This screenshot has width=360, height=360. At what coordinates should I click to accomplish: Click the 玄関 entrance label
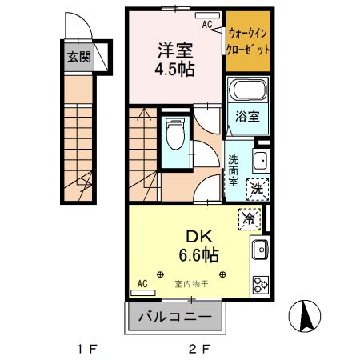(x=78, y=57)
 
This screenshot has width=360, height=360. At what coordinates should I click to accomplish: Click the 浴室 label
(x=246, y=117)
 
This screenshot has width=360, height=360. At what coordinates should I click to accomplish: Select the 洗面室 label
(x=233, y=170)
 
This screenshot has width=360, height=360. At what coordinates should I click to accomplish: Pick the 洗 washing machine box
(x=258, y=190)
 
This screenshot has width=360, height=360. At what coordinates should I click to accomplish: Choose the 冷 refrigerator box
(x=250, y=218)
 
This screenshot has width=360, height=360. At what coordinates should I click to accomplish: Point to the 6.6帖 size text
(x=198, y=255)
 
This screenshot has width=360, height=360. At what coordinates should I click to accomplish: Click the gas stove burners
(x=261, y=284)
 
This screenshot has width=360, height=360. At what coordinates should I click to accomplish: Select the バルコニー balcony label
(x=174, y=317)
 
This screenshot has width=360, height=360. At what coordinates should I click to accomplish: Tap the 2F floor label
(x=199, y=349)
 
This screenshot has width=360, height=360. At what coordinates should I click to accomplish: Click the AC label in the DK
(x=142, y=284)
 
